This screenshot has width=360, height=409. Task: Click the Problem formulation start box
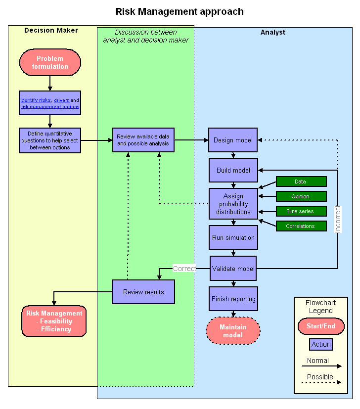[x=50, y=62]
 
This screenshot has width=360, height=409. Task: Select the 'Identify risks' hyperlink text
[x=35, y=100]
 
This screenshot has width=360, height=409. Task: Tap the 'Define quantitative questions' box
[x=50, y=140]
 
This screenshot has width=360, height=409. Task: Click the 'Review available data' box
[x=143, y=140]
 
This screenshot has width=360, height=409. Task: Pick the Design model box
[x=233, y=140]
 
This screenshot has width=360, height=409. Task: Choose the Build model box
[x=233, y=171]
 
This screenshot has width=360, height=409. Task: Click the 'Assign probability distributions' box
[x=233, y=204]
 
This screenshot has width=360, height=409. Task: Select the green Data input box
[x=301, y=182]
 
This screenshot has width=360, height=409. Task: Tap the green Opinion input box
[x=301, y=196]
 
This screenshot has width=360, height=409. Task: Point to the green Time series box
[x=301, y=211]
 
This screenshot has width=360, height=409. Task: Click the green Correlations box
[x=301, y=226]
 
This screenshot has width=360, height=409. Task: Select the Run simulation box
[x=233, y=237]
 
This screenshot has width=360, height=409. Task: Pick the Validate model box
[x=233, y=269]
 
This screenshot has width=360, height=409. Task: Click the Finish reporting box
[x=233, y=299]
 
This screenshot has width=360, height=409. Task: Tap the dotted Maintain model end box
[x=233, y=331]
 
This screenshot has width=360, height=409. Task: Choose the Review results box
[x=143, y=292]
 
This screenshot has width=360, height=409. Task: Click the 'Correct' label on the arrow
[x=184, y=269]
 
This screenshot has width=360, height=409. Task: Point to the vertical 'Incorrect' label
[x=338, y=219]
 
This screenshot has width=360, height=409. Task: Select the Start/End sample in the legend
[x=321, y=326]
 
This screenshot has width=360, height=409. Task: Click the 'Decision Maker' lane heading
[x=51, y=31]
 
